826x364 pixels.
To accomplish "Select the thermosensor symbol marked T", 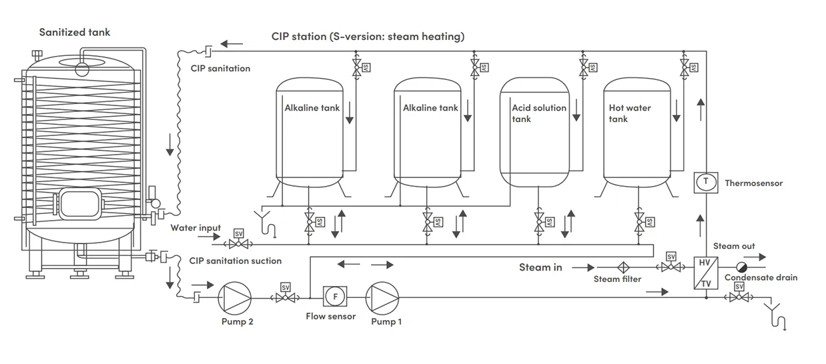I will point(705,182).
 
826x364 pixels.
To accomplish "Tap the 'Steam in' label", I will point(540,267).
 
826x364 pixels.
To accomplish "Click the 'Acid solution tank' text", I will point(539,113).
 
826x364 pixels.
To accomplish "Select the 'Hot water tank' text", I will point(630,113).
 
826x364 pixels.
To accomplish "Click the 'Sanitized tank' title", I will point(75,32).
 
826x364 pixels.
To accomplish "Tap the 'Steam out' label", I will point(734,247).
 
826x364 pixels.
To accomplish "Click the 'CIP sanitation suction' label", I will point(236,261).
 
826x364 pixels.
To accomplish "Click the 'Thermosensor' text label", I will point(753,183).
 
